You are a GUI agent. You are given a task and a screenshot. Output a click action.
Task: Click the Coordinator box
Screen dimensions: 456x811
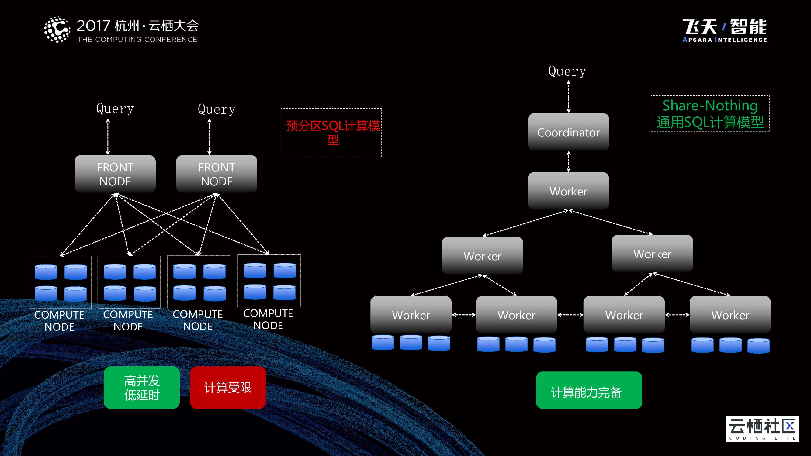pos(568,132)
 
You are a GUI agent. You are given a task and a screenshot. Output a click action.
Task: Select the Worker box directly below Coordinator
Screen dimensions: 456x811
pos(568,191)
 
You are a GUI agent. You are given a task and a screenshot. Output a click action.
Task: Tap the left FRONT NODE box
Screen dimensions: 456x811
pos(115,174)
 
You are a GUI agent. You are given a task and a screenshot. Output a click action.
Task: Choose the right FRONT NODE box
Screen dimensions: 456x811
pos(217,174)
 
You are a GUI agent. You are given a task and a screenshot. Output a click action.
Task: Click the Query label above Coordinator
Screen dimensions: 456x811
pos(567,71)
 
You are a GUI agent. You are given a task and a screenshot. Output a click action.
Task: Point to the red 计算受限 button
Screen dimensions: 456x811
pos(228,387)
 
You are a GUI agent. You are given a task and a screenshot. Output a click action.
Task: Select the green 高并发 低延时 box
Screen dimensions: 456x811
pos(142,387)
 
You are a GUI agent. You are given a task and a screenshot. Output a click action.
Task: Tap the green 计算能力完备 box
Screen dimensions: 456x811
pos(589,390)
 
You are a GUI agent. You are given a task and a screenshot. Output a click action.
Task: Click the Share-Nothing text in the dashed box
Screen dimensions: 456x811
pos(710,105)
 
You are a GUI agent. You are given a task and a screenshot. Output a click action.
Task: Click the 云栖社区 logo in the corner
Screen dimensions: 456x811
pos(762,429)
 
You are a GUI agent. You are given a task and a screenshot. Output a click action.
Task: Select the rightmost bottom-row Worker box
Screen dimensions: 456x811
pos(730,314)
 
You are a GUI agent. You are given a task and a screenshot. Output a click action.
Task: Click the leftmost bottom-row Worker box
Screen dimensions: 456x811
pos(411,314)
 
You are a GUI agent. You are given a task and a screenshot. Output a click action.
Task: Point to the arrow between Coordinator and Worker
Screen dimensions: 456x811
pos(568,161)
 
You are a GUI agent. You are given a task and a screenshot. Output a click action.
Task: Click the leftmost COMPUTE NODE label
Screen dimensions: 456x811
pos(59,320)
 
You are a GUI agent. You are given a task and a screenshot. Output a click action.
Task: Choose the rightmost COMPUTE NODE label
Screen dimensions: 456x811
pos(268,319)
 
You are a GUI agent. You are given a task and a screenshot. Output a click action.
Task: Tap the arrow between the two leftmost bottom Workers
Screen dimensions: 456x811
pos(463,315)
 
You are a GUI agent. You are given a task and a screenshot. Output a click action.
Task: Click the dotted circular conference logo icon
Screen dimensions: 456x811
pos(57,29)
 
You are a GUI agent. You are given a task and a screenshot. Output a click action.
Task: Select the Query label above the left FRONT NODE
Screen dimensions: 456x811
pos(115,109)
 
